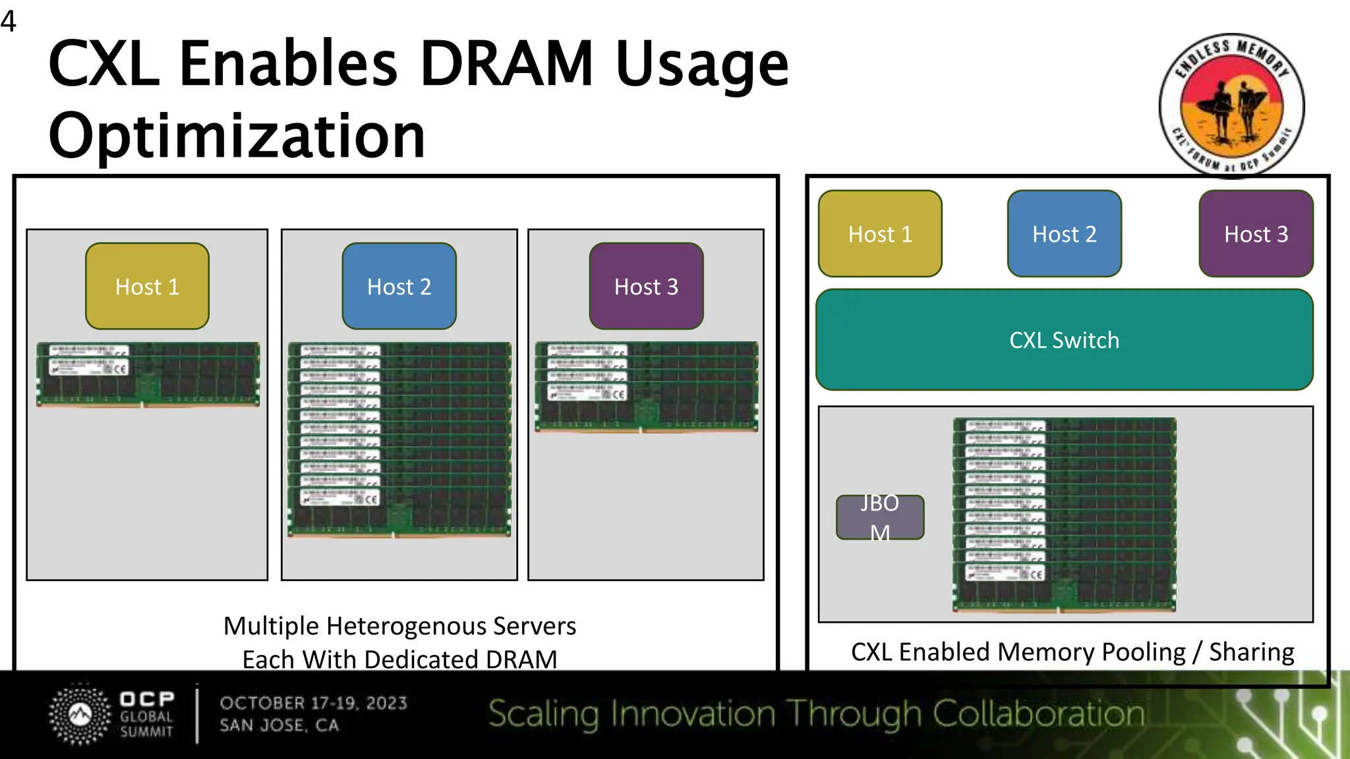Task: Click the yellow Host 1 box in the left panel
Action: pyautogui.click(x=147, y=286)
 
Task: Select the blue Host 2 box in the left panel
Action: pyautogui.click(x=399, y=286)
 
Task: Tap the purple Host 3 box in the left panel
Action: pyautogui.click(x=646, y=286)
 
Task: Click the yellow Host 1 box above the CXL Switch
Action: pyautogui.click(x=880, y=234)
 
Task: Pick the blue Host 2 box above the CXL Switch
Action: pyautogui.click(x=1064, y=234)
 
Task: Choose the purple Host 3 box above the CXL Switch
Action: pyautogui.click(x=1256, y=234)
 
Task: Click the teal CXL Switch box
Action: pyautogui.click(x=1064, y=340)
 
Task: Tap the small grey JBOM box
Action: pyautogui.click(x=880, y=517)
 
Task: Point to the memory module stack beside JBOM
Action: pyautogui.click(x=1064, y=515)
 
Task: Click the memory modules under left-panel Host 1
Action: pyautogui.click(x=148, y=374)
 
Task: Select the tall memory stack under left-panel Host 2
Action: pyautogui.click(x=399, y=439)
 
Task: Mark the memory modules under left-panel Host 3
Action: pyautogui.click(x=646, y=387)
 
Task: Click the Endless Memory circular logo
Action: pyautogui.click(x=1231, y=105)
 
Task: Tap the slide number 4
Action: pyautogui.click(x=9, y=21)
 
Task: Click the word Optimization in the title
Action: pyautogui.click(x=237, y=136)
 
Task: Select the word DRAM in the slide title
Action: pyautogui.click(x=506, y=64)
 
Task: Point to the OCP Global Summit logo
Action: pyautogui.click(x=112, y=715)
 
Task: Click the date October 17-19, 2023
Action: pyautogui.click(x=313, y=703)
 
